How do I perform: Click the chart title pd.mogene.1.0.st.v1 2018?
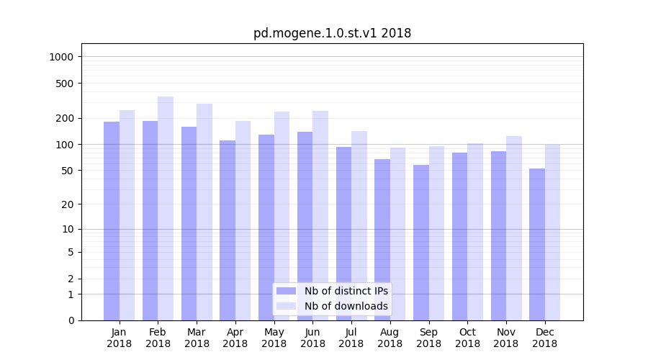[332, 33]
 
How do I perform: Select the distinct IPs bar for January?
[112, 221]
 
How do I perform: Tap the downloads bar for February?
[166, 209]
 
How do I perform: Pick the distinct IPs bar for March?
[189, 223]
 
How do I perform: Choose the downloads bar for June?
[320, 216]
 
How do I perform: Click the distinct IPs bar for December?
[537, 245]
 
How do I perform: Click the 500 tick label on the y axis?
[66, 84]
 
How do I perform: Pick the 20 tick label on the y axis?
[68, 204]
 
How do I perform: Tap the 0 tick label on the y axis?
[71, 320]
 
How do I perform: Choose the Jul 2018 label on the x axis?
[351, 338]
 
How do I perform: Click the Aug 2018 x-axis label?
[390, 338]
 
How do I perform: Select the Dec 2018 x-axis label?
[544, 338]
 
